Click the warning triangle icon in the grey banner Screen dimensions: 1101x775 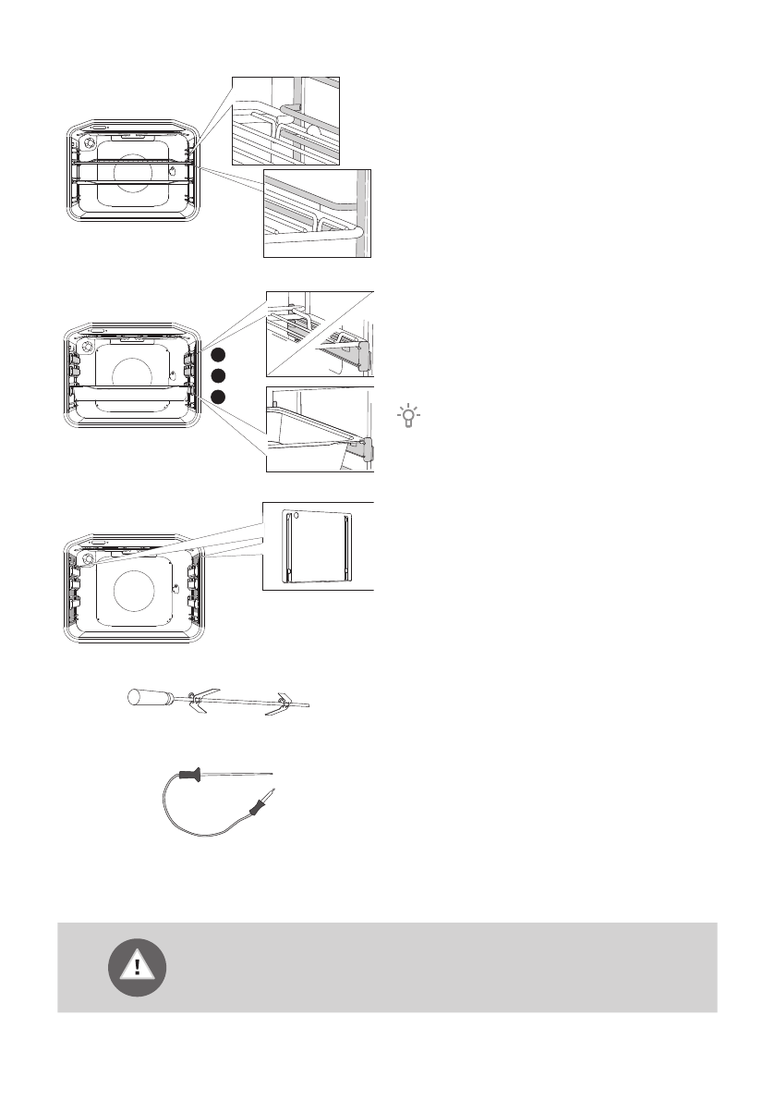coord(138,967)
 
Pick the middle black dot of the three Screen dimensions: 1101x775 coord(216,375)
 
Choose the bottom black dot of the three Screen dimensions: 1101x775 coord(216,396)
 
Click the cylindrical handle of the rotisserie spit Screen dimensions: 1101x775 coord(148,697)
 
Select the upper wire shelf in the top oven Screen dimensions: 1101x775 coord(132,163)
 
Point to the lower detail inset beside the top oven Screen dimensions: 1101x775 coord(317,214)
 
